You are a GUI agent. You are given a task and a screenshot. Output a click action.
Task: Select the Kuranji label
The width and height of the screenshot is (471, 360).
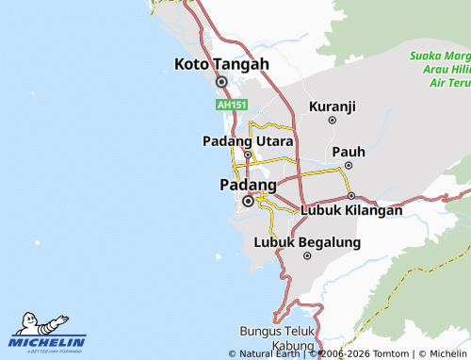(332, 106)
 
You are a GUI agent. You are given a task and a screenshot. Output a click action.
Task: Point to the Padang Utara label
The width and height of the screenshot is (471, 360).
(248, 140)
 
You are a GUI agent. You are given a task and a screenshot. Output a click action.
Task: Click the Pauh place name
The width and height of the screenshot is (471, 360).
(348, 151)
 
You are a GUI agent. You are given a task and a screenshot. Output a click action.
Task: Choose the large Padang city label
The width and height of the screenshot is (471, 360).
(248, 184)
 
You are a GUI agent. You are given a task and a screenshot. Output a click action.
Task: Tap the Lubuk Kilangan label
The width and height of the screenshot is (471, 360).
(351, 210)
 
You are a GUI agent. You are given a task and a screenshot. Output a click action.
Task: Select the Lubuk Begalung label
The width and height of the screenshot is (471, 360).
(308, 242)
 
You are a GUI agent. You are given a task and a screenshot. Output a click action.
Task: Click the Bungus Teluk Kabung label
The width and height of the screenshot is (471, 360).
(276, 338)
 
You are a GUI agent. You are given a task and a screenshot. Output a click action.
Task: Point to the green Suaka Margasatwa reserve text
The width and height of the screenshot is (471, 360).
(439, 69)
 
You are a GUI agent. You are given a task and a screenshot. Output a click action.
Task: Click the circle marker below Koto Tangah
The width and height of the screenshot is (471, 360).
(221, 81)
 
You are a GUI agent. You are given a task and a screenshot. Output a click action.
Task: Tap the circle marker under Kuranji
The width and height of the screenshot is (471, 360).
(332, 121)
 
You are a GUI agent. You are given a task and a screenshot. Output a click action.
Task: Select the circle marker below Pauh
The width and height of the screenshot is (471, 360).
(348, 166)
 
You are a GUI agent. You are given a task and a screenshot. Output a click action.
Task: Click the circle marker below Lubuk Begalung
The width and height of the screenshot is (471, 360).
(306, 255)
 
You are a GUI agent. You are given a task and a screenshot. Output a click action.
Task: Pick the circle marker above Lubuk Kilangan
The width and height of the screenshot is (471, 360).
(351, 196)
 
